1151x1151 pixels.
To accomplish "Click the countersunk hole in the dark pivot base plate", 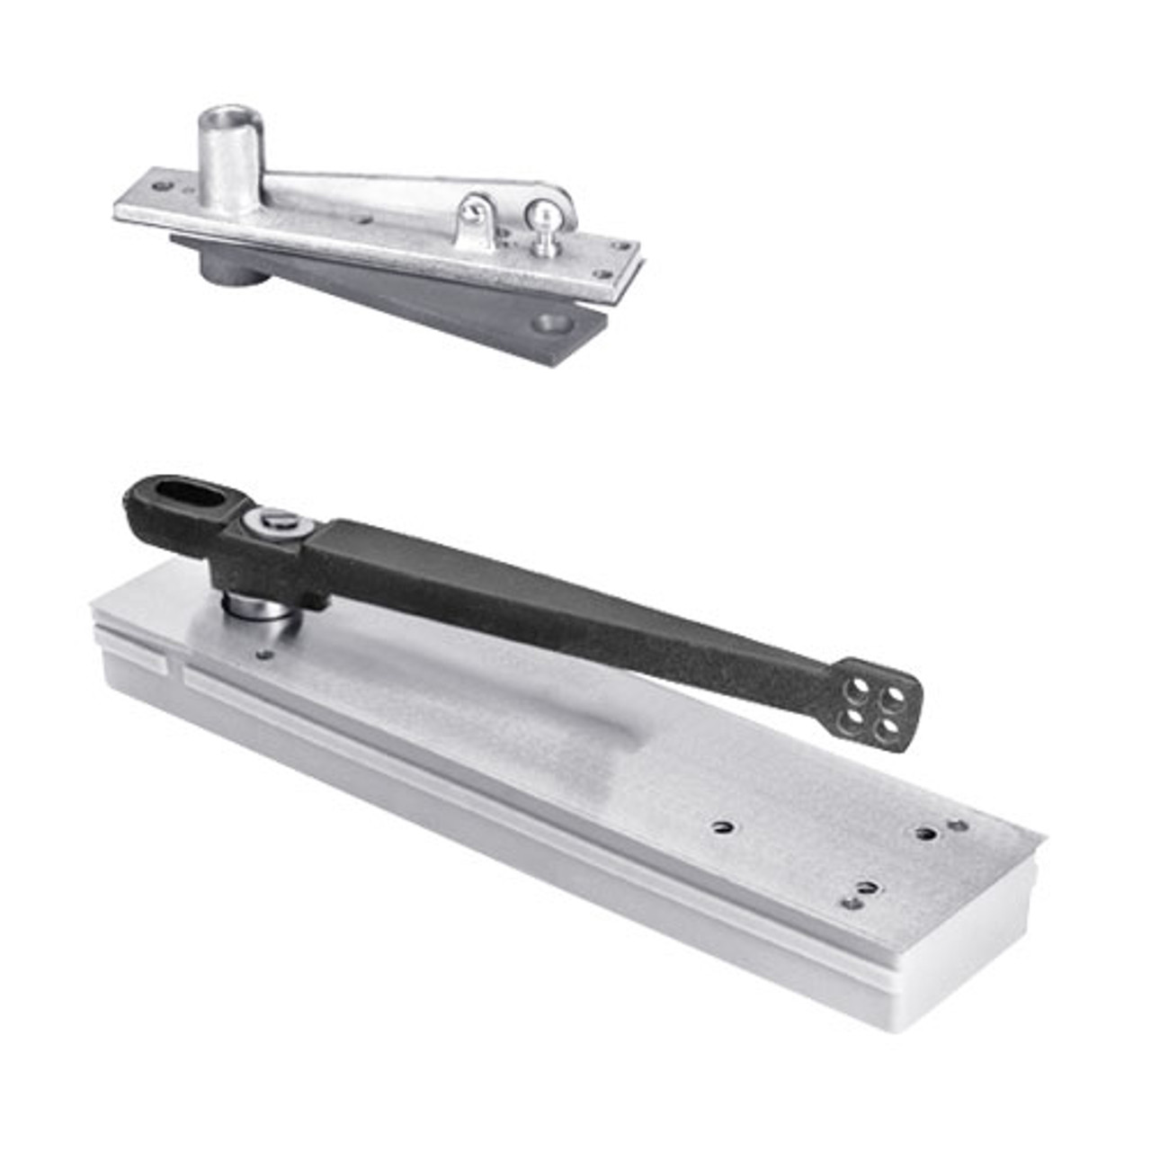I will [549, 322].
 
